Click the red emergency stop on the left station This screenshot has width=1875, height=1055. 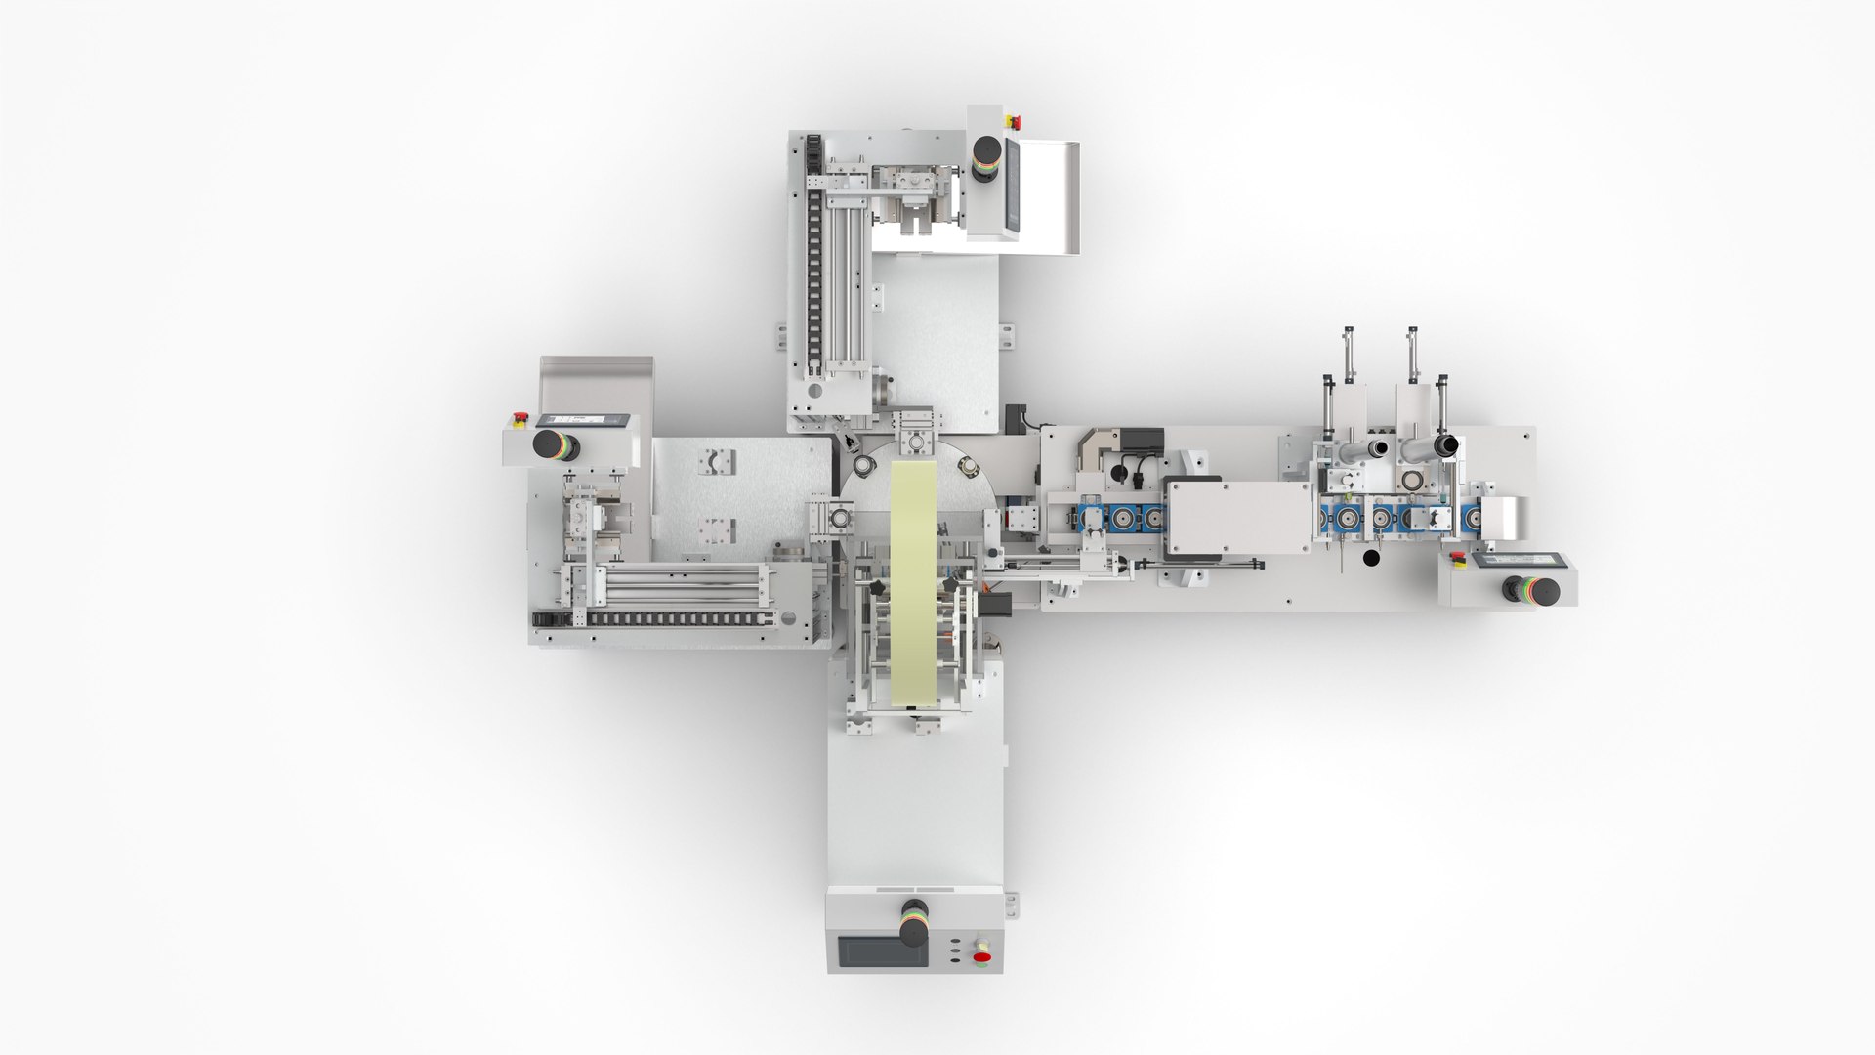coord(519,419)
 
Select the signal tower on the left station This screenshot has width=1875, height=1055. coord(554,445)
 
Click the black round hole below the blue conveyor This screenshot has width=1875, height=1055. coord(1371,559)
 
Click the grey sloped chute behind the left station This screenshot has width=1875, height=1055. coord(596,383)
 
